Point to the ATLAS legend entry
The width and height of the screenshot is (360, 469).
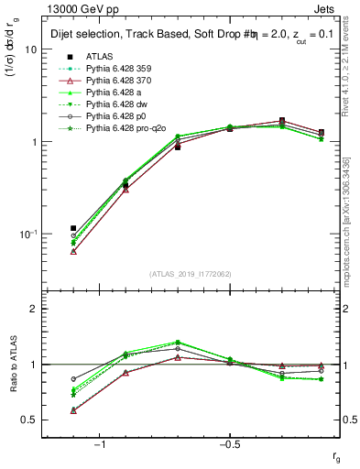[x=101, y=57]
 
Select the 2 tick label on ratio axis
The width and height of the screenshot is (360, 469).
[x=33, y=309]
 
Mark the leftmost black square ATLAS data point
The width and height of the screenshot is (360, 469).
[x=73, y=228]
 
